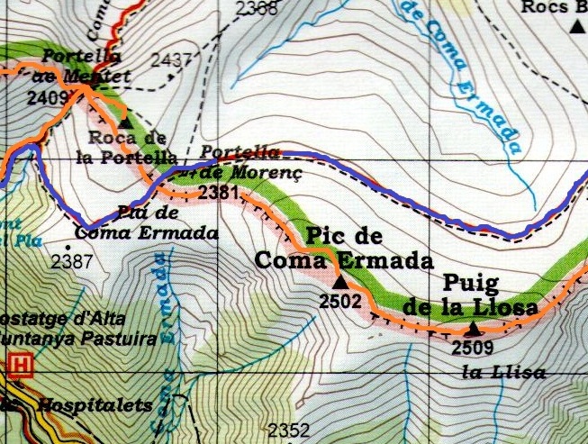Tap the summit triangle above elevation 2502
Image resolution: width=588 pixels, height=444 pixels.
coord(339,283)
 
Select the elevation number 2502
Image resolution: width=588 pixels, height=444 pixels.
coord(340,301)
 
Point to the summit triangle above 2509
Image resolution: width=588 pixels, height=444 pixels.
coord(473,328)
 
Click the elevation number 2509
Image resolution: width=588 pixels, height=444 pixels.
coord(472,346)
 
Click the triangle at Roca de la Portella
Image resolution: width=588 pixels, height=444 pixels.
coord(124,121)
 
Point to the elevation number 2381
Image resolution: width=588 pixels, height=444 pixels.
coord(219,192)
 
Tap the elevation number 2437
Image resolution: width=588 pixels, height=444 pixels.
coord(172,60)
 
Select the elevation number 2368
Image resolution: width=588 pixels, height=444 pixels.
coord(257,9)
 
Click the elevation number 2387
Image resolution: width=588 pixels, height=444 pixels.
coord(72,262)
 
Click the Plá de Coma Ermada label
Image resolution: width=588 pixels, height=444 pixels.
coord(146,223)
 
